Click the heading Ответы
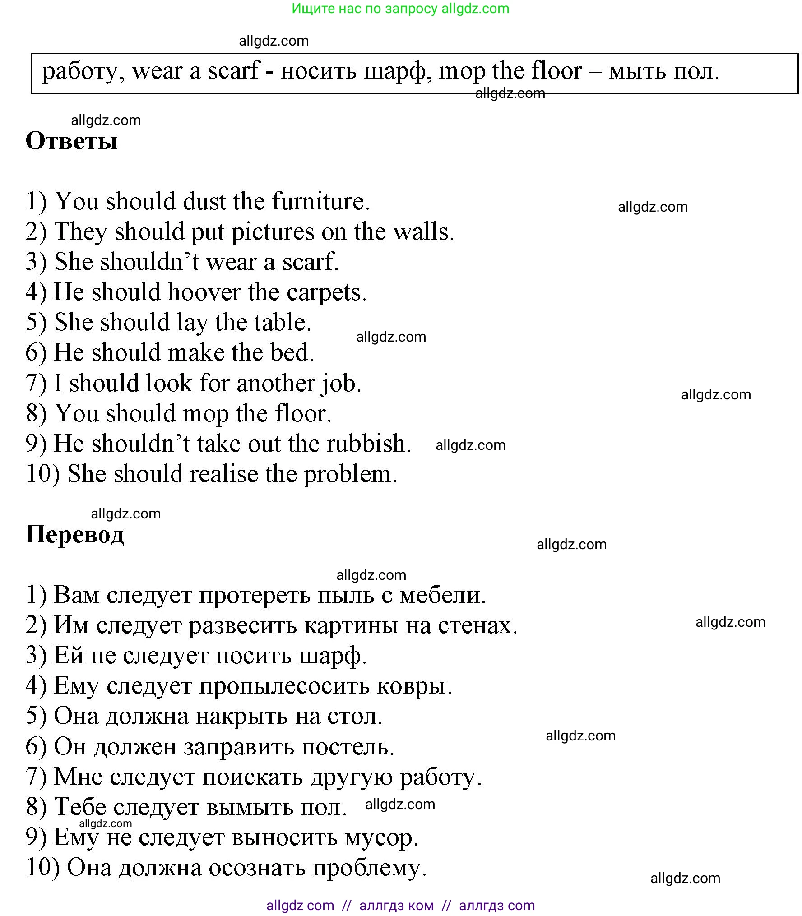[x=71, y=141]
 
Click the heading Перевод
[x=75, y=535]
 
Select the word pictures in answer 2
[x=273, y=232]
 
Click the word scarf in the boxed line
[x=233, y=71]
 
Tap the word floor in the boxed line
[x=556, y=71]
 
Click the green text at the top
[x=400, y=9]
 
